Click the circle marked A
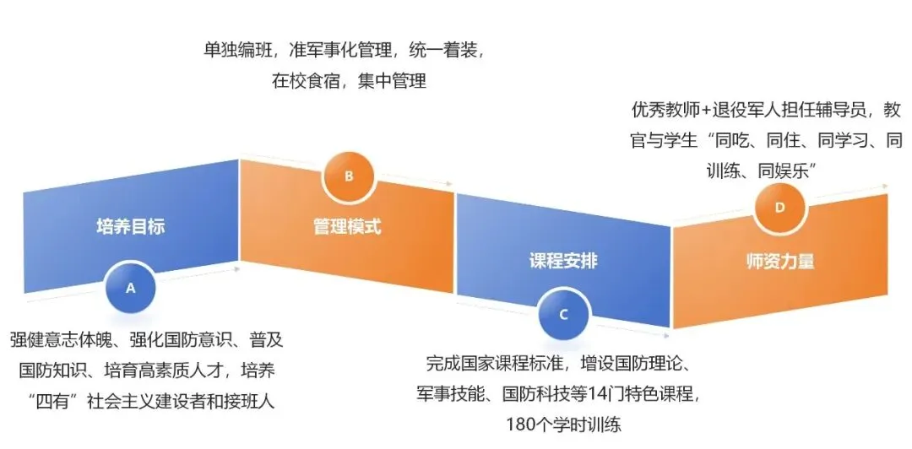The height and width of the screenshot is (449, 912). tap(130, 288)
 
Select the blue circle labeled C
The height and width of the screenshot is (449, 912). tap(563, 313)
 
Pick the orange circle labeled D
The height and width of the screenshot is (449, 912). tap(779, 207)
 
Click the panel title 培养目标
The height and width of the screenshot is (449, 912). tap(130, 227)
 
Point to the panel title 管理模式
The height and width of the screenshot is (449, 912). tap(347, 227)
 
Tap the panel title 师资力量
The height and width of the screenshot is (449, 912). tap(779, 261)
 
